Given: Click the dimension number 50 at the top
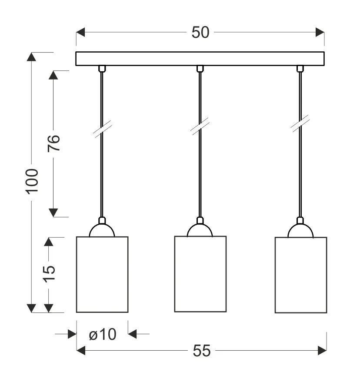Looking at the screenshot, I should [x=200, y=33].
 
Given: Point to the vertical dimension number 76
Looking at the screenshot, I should [x=53, y=143].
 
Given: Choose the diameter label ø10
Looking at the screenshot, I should [x=103, y=334].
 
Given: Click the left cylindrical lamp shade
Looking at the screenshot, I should [x=102, y=274].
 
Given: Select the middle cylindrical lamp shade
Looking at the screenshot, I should [x=200, y=274].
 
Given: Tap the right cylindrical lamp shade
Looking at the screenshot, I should [x=300, y=275].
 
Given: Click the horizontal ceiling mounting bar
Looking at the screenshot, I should [x=200, y=59].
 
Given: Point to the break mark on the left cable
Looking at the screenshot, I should [x=102, y=129].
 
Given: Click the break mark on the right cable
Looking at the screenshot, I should [x=300, y=123].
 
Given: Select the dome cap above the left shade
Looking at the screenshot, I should [x=102, y=230].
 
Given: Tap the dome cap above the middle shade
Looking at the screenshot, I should [x=200, y=230].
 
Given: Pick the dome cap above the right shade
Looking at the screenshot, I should [x=300, y=231].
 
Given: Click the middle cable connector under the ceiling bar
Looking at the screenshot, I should [x=200, y=69].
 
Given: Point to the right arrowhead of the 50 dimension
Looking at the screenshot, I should [x=320, y=33].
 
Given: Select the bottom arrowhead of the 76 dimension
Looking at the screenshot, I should [x=53, y=212].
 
